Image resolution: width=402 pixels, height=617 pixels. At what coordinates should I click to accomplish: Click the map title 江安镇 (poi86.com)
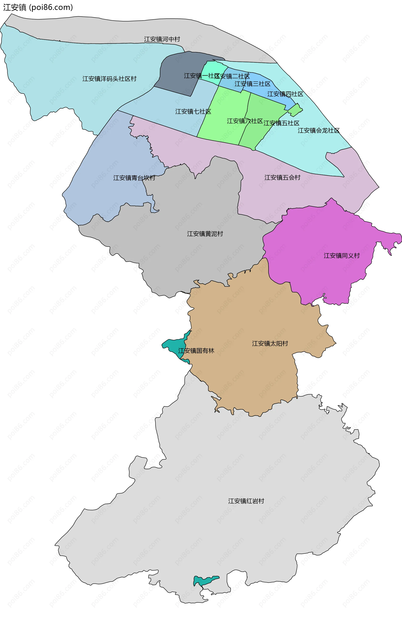coord(38,7)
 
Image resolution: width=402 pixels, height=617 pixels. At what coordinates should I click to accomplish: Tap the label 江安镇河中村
coord(162,39)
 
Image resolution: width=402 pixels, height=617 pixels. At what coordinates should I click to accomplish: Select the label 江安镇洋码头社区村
coord(109,79)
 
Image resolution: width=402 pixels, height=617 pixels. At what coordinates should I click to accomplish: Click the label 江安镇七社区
coord(193,112)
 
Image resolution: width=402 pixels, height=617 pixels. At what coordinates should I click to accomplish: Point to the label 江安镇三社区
coord(252,84)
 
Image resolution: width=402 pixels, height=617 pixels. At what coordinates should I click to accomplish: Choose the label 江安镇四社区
coord(285,94)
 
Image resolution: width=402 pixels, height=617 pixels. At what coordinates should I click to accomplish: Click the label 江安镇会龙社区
coord(318,131)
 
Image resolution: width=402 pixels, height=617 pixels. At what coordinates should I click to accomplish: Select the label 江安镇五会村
coord(282,178)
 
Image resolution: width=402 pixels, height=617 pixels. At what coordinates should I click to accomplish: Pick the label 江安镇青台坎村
coord(134,178)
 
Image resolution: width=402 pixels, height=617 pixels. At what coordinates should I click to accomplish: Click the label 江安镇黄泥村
coord(205,234)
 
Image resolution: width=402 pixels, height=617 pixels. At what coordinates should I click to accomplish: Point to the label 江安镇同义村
coord(341,256)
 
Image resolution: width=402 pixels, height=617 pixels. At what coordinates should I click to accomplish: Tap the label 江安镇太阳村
coord(270,343)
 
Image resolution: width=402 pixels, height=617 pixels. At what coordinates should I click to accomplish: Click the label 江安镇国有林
coord(196,351)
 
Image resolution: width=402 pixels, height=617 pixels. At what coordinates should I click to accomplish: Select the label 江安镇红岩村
coord(246,501)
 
